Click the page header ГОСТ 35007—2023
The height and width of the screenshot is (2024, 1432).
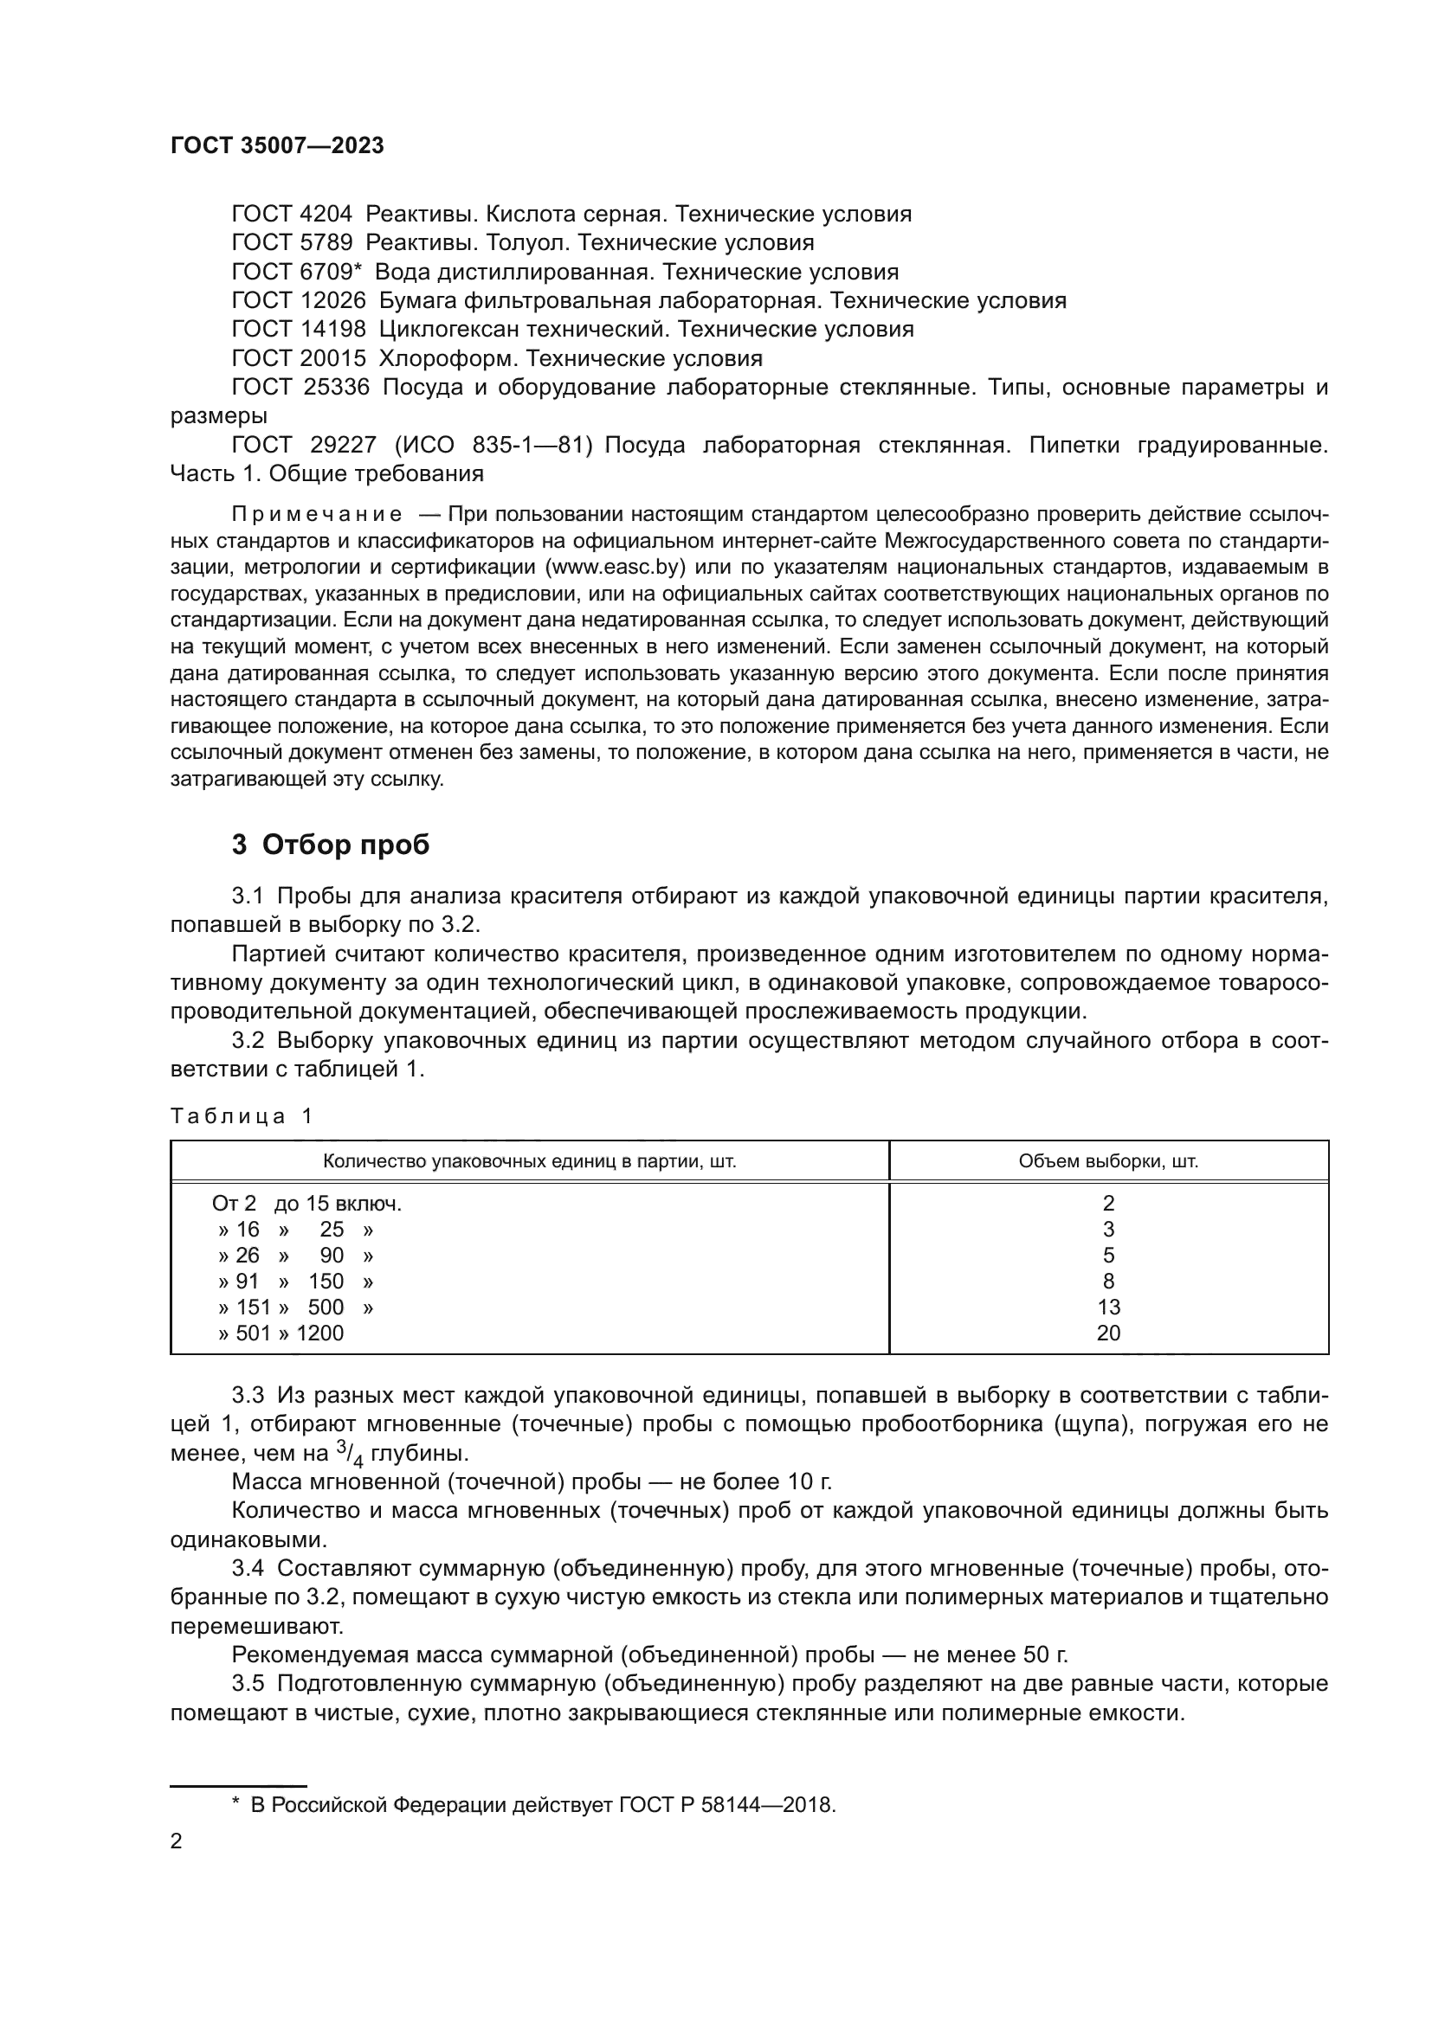click(277, 145)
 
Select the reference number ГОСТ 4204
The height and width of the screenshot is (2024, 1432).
click(291, 215)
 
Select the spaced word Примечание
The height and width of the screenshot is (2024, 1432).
click(317, 514)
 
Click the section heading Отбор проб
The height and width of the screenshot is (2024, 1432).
click(345, 845)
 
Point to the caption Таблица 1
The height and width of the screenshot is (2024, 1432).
click(241, 1116)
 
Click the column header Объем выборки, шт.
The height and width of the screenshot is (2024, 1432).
click(1108, 1161)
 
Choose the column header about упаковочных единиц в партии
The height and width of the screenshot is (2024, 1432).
click(529, 1161)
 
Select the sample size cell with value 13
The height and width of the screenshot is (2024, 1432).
click(1108, 1308)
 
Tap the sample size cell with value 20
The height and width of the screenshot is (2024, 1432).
click(1108, 1333)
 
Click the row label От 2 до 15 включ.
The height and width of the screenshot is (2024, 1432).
click(306, 1204)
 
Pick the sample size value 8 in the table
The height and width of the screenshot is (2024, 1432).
click(1108, 1281)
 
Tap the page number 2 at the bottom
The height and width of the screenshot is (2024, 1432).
click(177, 1841)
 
